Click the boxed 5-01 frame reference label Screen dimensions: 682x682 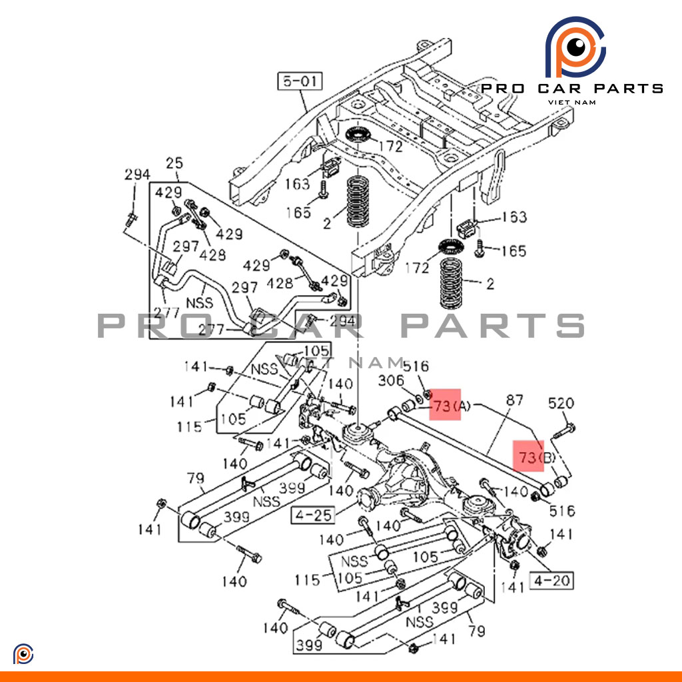[300, 83]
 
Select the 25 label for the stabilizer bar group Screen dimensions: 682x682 [174, 164]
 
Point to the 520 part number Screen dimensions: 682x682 [561, 403]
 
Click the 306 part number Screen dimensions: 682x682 [391, 380]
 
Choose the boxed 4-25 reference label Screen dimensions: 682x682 [312, 515]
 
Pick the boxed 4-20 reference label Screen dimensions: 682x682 [552, 581]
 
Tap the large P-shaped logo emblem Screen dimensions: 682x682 [574, 48]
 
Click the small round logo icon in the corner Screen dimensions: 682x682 [23, 654]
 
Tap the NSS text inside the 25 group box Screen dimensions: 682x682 [199, 303]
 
